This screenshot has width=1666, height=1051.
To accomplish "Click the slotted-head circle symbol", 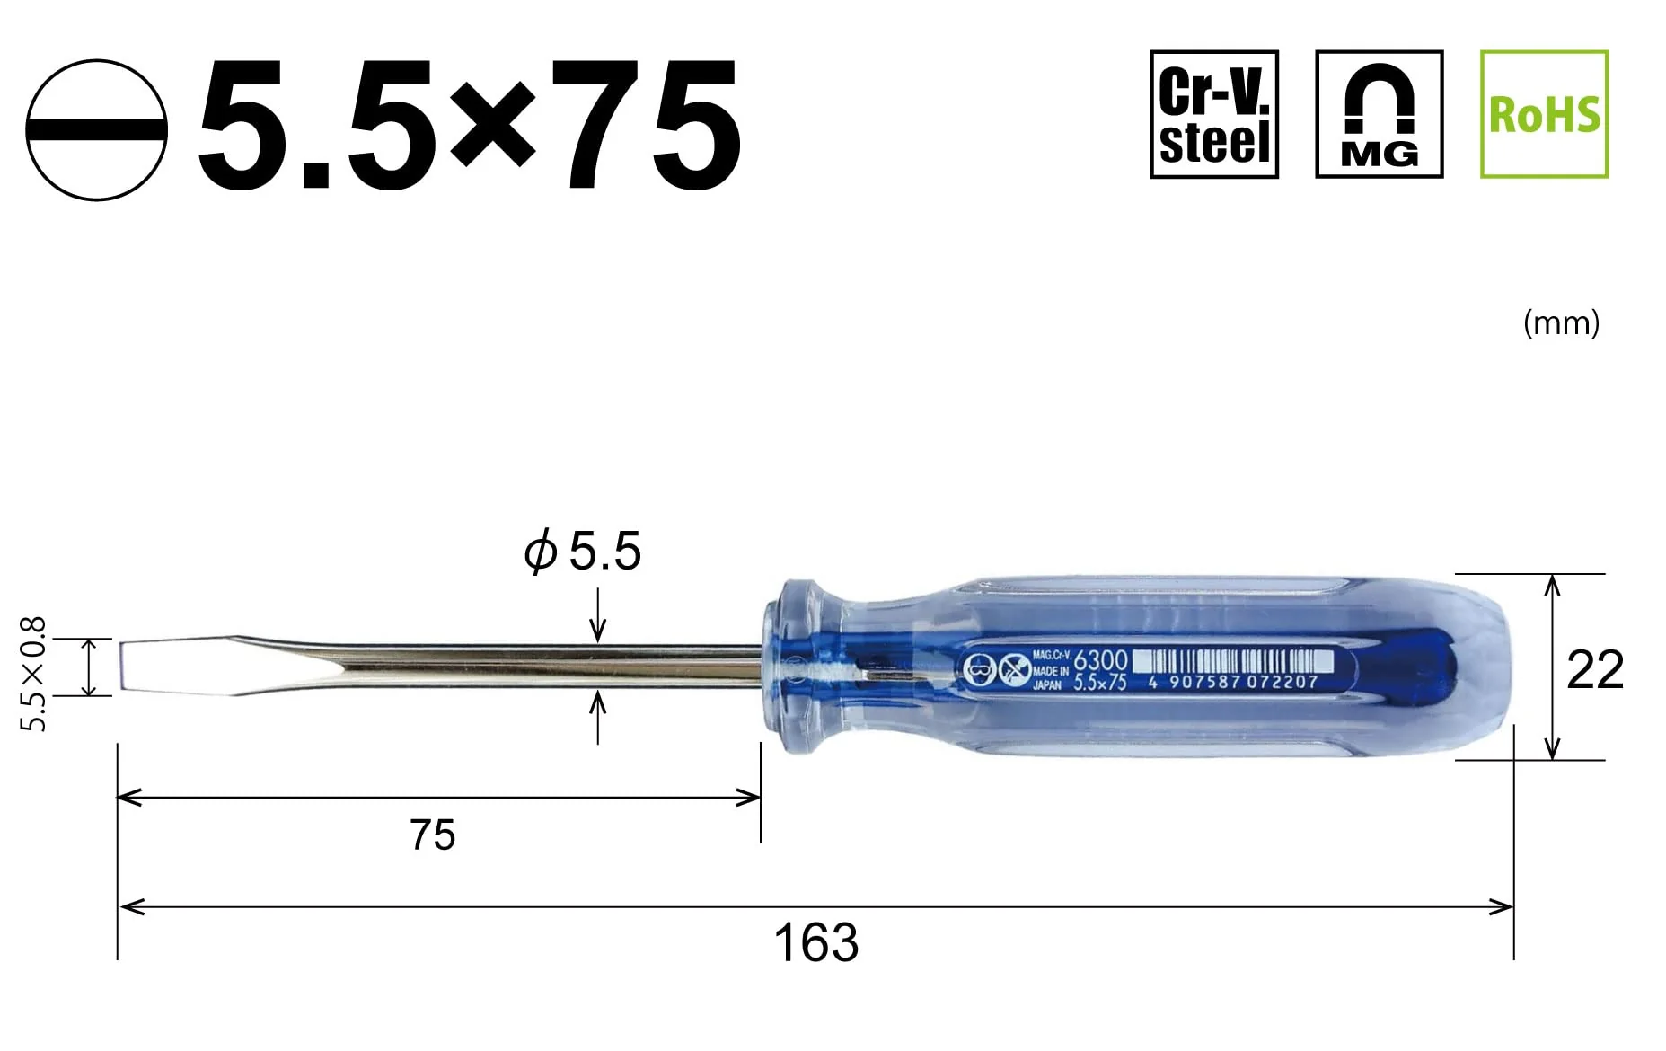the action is (x=96, y=129).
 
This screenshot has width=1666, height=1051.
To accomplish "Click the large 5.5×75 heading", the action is (x=470, y=126).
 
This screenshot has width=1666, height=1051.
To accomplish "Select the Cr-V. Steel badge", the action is (x=1213, y=114).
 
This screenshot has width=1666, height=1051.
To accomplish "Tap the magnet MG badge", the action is (x=1379, y=114).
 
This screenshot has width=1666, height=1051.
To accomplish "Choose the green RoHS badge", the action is (x=1544, y=114).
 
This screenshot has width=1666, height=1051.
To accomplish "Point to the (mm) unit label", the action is (x=1561, y=322).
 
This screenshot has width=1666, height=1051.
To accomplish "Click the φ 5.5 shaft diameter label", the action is (x=583, y=551).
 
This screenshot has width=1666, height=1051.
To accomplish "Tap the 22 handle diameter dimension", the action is (x=1595, y=669).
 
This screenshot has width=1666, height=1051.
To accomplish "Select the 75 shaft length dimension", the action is (x=432, y=835).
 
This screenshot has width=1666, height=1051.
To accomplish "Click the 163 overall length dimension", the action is (x=815, y=942).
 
